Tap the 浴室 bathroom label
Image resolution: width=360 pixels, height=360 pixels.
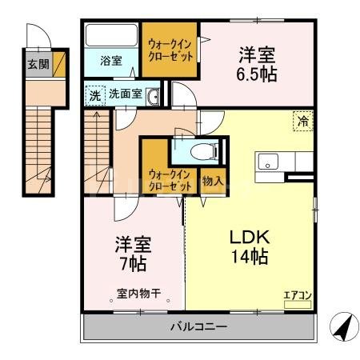click(x=110, y=61)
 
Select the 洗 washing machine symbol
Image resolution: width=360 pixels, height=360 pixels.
click(x=95, y=94)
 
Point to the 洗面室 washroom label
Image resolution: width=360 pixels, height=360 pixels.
click(x=126, y=94)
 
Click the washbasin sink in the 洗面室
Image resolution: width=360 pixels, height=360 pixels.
click(x=153, y=96)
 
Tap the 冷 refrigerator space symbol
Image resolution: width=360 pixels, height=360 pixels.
click(x=303, y=122)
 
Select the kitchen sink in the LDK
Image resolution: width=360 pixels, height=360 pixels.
click(x=267, y=158)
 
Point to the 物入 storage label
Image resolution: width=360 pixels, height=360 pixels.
click(x=212, y=180)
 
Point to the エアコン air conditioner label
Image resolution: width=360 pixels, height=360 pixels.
click(x=298, y=295)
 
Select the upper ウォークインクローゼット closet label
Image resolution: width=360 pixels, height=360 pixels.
click(x=170, y=52)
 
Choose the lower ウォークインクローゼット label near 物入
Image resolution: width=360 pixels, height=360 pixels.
click(x=170, y=179)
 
